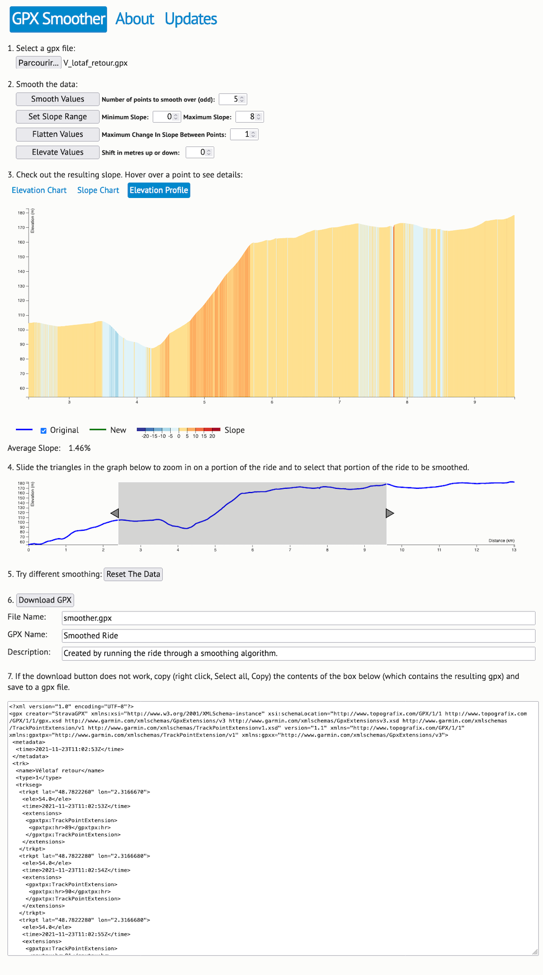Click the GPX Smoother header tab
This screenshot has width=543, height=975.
[58, 19]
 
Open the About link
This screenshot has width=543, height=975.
[135, 19]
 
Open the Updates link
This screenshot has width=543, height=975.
[191, 19]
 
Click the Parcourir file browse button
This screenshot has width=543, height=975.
[39, 63]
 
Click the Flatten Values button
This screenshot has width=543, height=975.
[58, 134]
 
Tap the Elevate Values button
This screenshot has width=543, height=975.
[58, 152]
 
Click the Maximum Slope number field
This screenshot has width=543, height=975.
[249, 117]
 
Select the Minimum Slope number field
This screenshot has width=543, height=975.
[167, 117]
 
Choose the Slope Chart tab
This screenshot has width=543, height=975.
[98, 190]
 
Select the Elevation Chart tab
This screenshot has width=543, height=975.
[39, 190]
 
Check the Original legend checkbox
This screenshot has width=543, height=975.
[43, 430]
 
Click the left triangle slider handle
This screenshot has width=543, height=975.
[115, 513]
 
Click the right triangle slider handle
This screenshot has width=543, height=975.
[390, 513]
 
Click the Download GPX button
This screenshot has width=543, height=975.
[45, 600]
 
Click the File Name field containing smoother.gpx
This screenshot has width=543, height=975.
[299, 618]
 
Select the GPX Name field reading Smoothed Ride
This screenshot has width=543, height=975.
[299, 636]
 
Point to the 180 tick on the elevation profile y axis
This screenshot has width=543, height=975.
[25, 213]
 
